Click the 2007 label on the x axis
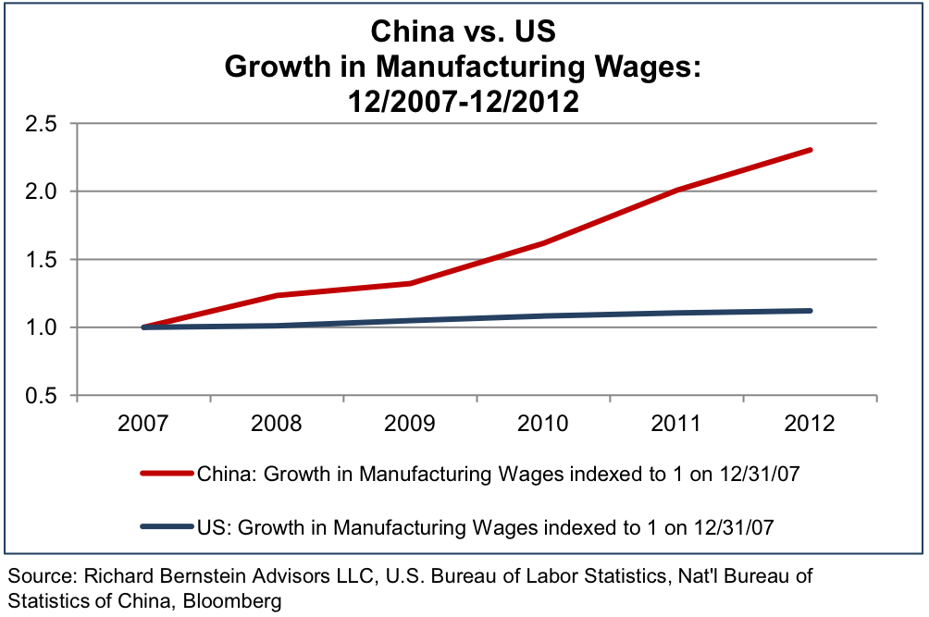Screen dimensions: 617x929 [x=144, y=425]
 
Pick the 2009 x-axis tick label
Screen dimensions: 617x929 [x=410, y=425]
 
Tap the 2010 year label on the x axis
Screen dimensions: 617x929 [x=543, y=425]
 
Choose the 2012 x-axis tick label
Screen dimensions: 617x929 [x=810, y=425]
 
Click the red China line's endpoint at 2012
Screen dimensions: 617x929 [x=811, y=150]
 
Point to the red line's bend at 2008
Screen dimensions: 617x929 [x=277, y=295]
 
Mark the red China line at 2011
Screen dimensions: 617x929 [x=677, y=190]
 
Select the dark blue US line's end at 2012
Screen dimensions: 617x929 [x=811, y=311]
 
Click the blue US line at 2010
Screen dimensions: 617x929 [x=544, y=316]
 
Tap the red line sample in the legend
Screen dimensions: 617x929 [x=167, y=475]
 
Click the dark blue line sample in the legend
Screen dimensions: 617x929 [x=167, y=527]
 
